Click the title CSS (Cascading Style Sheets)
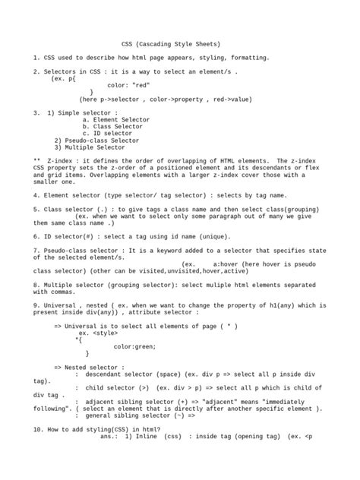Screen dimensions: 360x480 179,45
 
